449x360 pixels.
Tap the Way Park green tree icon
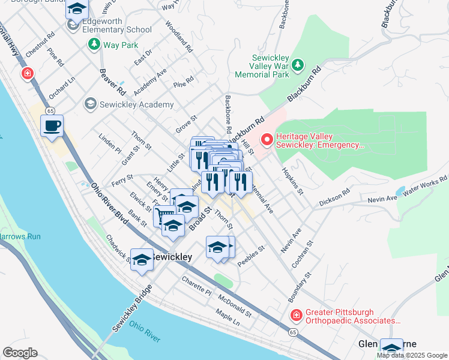pyautogui.click(x=94, y=44)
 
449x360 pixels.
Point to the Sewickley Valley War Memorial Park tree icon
pyautogui.click(x=299, y=65)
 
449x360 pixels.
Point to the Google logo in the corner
pyautogui.click(x=20, y=353)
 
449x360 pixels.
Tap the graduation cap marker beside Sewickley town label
pyautogui.click(x=142, y=259)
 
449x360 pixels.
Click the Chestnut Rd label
pyautogui.click(x=36, y=44)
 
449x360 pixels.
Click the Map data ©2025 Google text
pyautogui.click(x=412, y=355)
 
